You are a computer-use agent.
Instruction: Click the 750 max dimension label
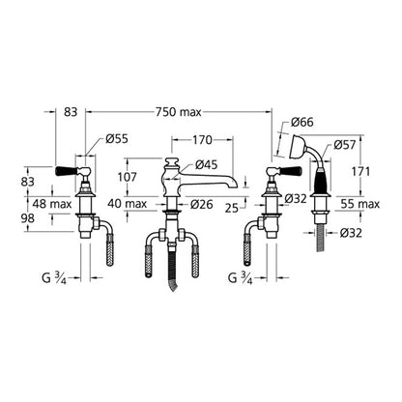point(179,112)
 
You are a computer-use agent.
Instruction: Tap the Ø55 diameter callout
point(117,139)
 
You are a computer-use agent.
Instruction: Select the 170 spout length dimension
point(202,140)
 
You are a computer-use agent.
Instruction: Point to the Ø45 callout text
point(207,165)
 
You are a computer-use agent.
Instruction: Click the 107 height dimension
point(128,177)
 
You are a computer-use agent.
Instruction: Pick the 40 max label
point(128,204)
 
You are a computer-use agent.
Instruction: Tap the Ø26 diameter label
point(201,204)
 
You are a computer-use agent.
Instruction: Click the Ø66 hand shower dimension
point(302,122)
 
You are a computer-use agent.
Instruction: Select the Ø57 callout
point(345,145)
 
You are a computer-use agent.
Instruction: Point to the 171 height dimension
point(360,172)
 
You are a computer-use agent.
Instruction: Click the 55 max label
point(360,204)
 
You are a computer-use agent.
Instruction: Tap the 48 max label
point(52,204)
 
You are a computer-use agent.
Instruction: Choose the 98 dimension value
point(27,218)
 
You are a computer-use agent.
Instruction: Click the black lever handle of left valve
point(67,170)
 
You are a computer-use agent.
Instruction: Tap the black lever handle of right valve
point(291,170)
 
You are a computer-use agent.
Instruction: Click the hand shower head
point(298,148)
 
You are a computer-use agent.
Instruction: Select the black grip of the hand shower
point(322,180)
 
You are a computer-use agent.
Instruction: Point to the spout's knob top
point(171,160)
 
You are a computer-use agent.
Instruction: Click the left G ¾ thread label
point(54,277)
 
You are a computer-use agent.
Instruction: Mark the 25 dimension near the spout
point(232,209)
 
